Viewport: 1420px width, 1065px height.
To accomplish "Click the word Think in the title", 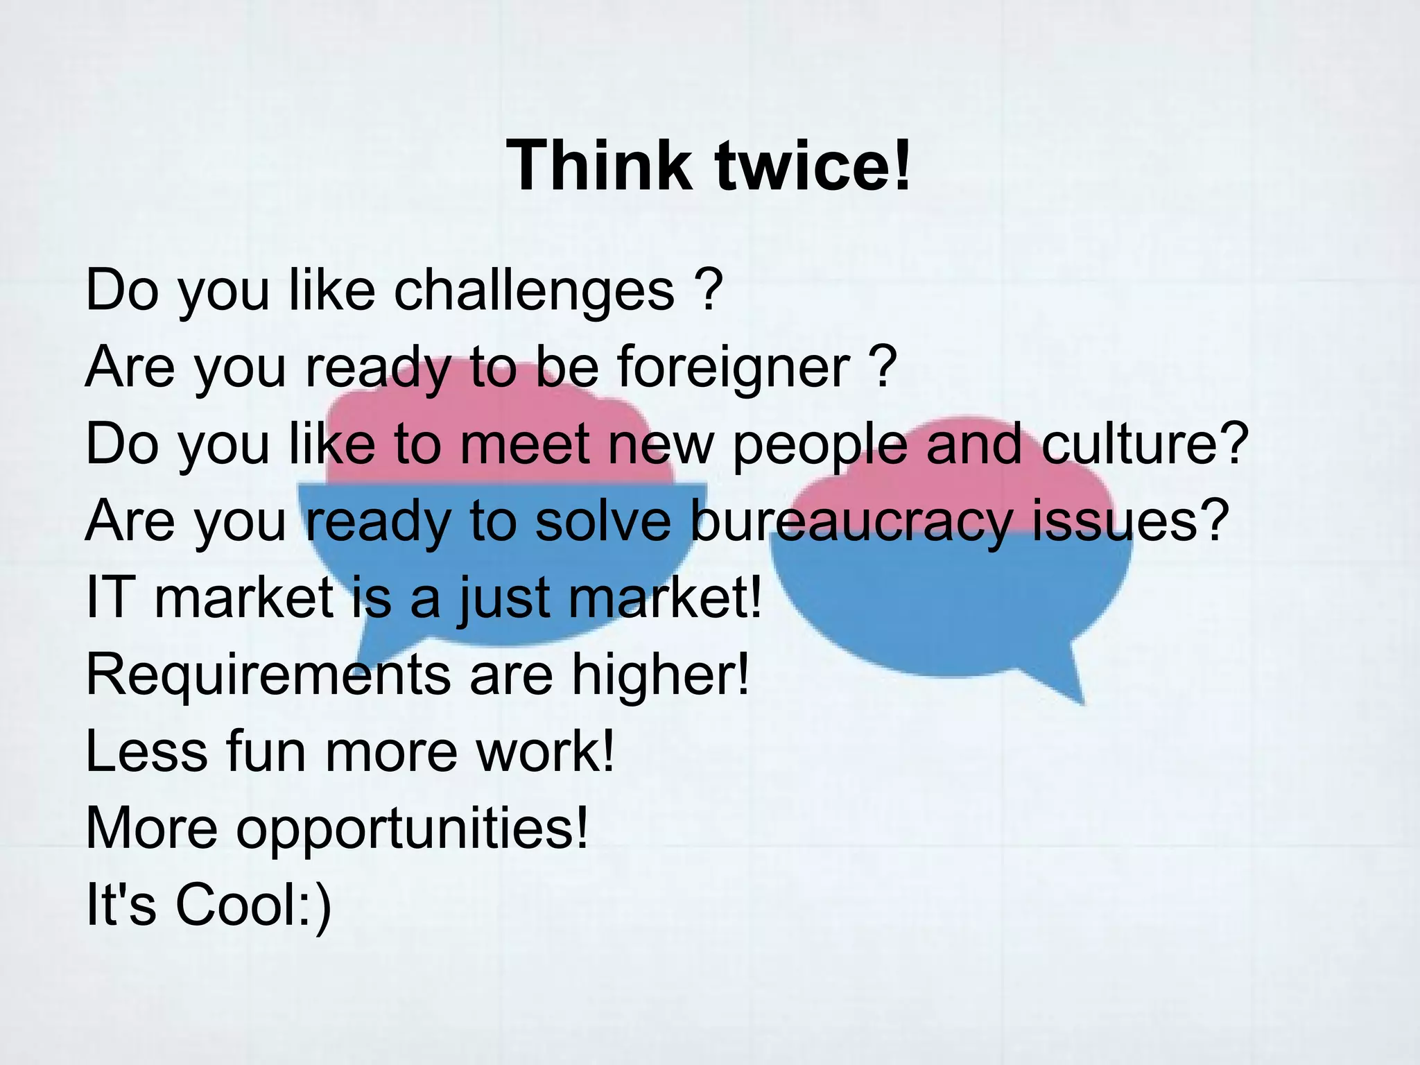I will click(599, 166).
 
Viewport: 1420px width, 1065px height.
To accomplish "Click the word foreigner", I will click(734, 367).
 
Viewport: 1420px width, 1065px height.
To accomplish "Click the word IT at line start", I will click(108, 598).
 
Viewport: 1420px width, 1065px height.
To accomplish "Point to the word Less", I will click(146, 752).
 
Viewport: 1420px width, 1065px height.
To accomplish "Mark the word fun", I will click(266, 752).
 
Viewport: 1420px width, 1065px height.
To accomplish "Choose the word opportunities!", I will click(413, 829).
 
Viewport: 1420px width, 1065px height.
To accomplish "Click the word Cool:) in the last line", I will click(254, 906).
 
